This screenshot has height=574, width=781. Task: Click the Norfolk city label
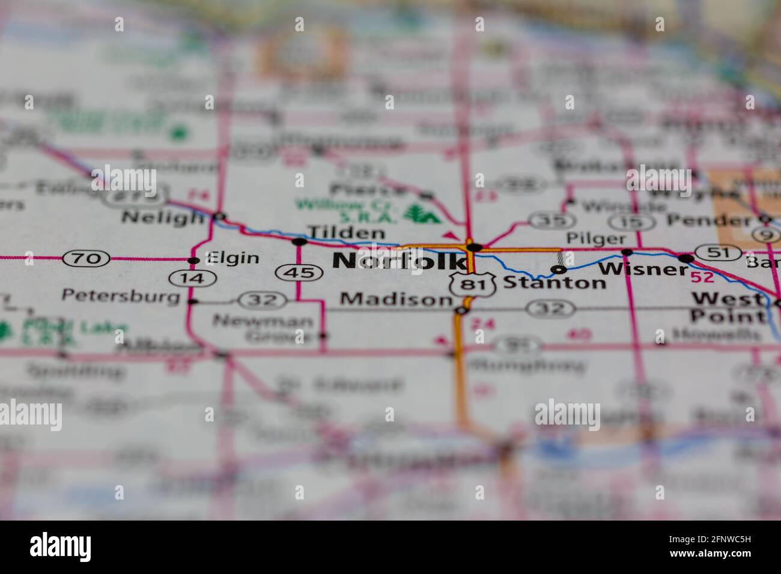(x=398, y=261)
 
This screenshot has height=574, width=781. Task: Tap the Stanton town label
(x=554, y=282)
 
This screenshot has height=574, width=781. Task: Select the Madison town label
(x=395, y=299)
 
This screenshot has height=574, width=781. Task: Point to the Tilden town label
(x=345, y=232)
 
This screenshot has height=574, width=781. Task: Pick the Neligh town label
(x=162, y=217)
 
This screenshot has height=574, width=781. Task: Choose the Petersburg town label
(x=121, y=296)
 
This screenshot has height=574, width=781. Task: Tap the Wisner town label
(x=643, y=268)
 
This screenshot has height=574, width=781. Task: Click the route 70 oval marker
(x=87, y=259)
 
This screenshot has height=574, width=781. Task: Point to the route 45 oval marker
(x=296, y=273)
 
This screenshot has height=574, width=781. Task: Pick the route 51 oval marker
(x=717, y=253)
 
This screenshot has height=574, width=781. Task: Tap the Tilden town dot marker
(x=299, y=242)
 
